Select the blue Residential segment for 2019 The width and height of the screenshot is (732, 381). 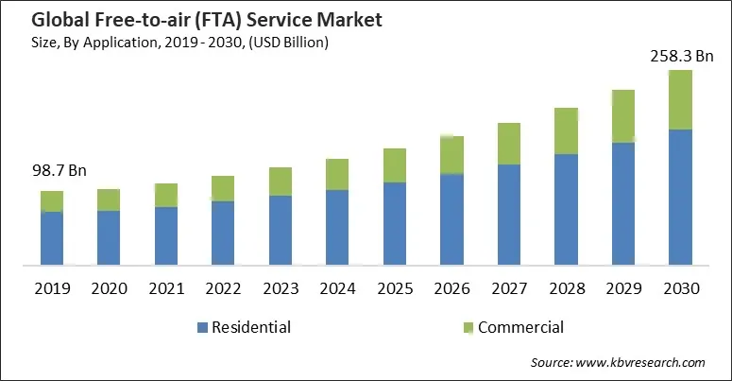tap(52, 237)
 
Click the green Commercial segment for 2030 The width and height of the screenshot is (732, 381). tap(681, 99)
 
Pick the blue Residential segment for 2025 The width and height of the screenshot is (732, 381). tap(395, 222)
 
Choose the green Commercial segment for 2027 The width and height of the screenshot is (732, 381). tap(509, 144)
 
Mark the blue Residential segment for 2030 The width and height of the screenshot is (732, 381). tap(681, 197)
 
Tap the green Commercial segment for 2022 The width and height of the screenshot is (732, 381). tap(223, 188)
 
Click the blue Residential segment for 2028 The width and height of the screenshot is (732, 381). tap(566, 208)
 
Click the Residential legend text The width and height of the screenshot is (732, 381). tap(251, 328)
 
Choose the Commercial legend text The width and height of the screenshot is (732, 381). tap(520, 328)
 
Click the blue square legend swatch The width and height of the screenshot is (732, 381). tap(202, 329)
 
